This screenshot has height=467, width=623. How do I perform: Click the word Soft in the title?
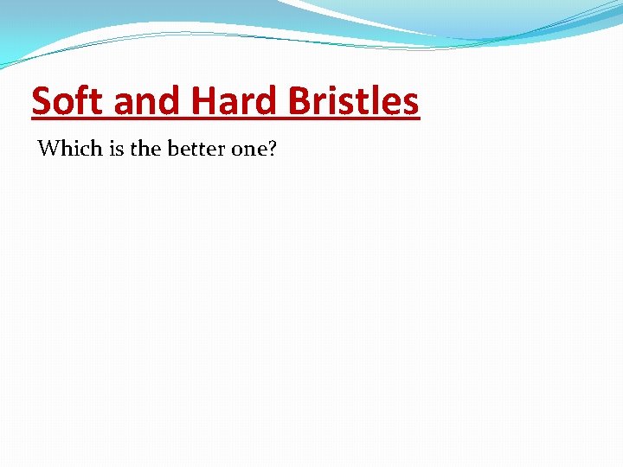coord(69,102)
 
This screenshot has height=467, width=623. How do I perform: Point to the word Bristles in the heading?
coord(354,102)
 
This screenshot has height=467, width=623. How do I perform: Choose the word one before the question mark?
coord(248,150)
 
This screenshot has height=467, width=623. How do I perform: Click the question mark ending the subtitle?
coord(272,149)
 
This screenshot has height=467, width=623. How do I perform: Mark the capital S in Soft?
coord(42,102)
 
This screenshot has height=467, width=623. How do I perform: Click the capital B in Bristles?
coord(299,102)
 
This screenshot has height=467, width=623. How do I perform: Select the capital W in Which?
coord(47,149)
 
